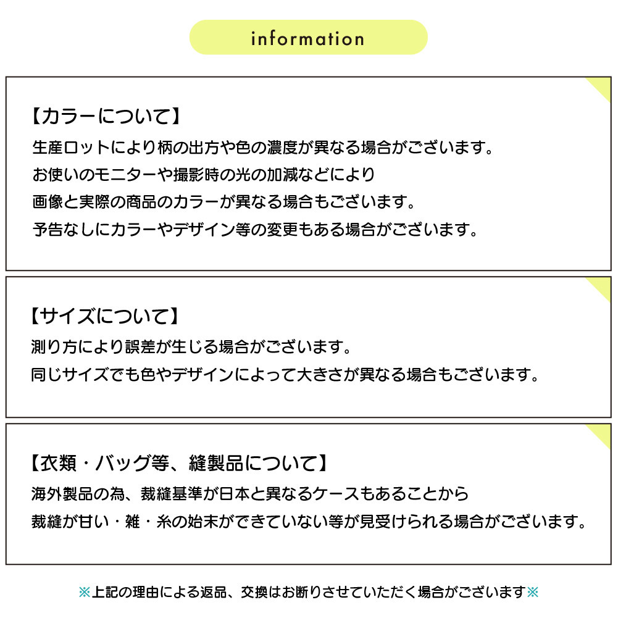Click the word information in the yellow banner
coord(308,38)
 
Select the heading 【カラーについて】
coord(106,116)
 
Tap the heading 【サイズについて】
coord(104,316)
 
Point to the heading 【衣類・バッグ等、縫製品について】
coord(179,463)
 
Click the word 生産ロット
coord(72,148)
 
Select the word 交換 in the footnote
coord(254,592)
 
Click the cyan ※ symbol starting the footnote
coord(85,592)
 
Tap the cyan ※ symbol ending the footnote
coord(532,592)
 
